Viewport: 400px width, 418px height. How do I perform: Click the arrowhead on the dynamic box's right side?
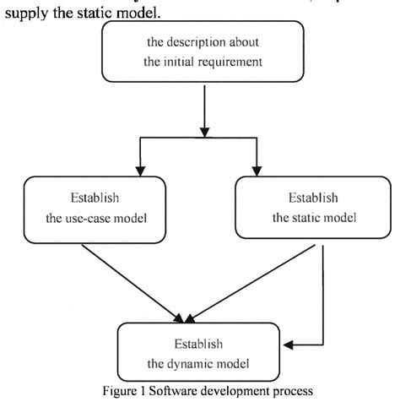(x=288, y=345)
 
